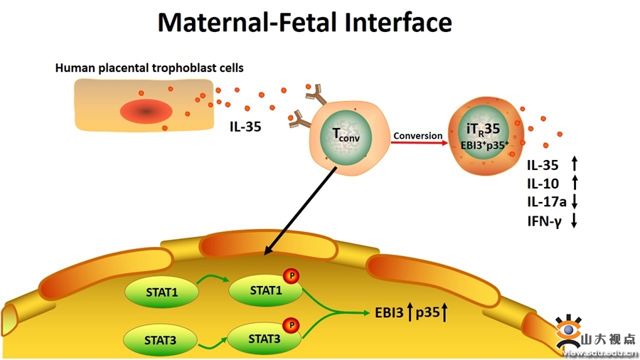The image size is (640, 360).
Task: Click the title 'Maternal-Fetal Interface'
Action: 304,22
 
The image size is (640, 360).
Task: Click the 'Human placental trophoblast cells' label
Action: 149,68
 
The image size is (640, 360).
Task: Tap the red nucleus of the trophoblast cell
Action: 146,111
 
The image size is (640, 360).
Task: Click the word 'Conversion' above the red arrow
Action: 417,135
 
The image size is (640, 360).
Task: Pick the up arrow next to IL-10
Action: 574,184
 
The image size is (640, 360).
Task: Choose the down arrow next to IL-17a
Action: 574,202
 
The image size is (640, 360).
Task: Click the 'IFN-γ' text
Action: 544,221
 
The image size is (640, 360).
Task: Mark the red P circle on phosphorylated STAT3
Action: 290,325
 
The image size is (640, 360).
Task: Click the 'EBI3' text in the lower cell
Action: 388,312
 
